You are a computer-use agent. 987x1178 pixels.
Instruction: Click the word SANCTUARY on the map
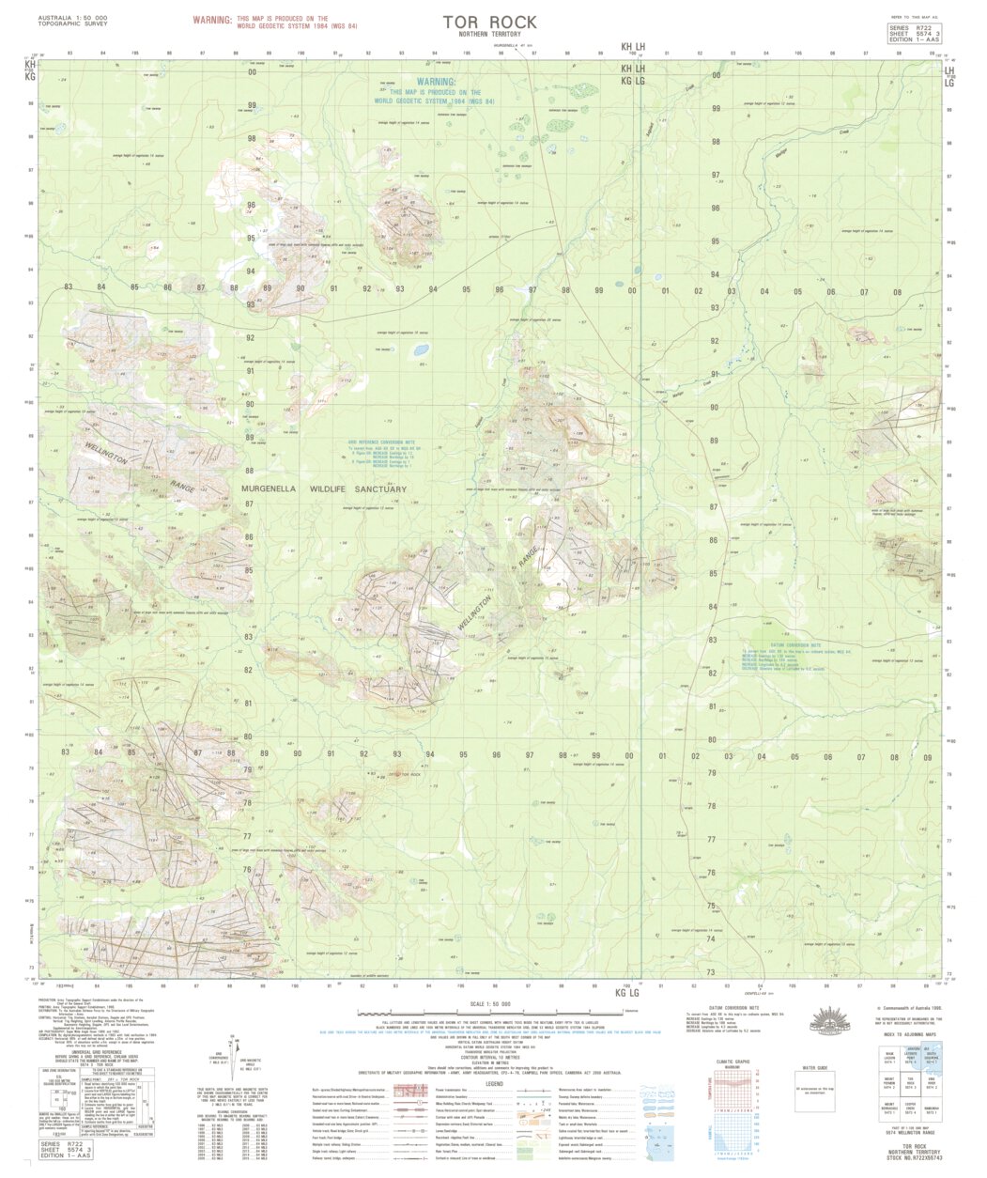pyautogui.click(x=379, y=489)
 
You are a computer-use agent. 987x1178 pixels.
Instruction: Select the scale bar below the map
pyautogui.click(x=490, y=1014)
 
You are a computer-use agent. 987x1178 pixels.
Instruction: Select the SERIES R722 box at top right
pyautogui.click(x=915, y=34)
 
